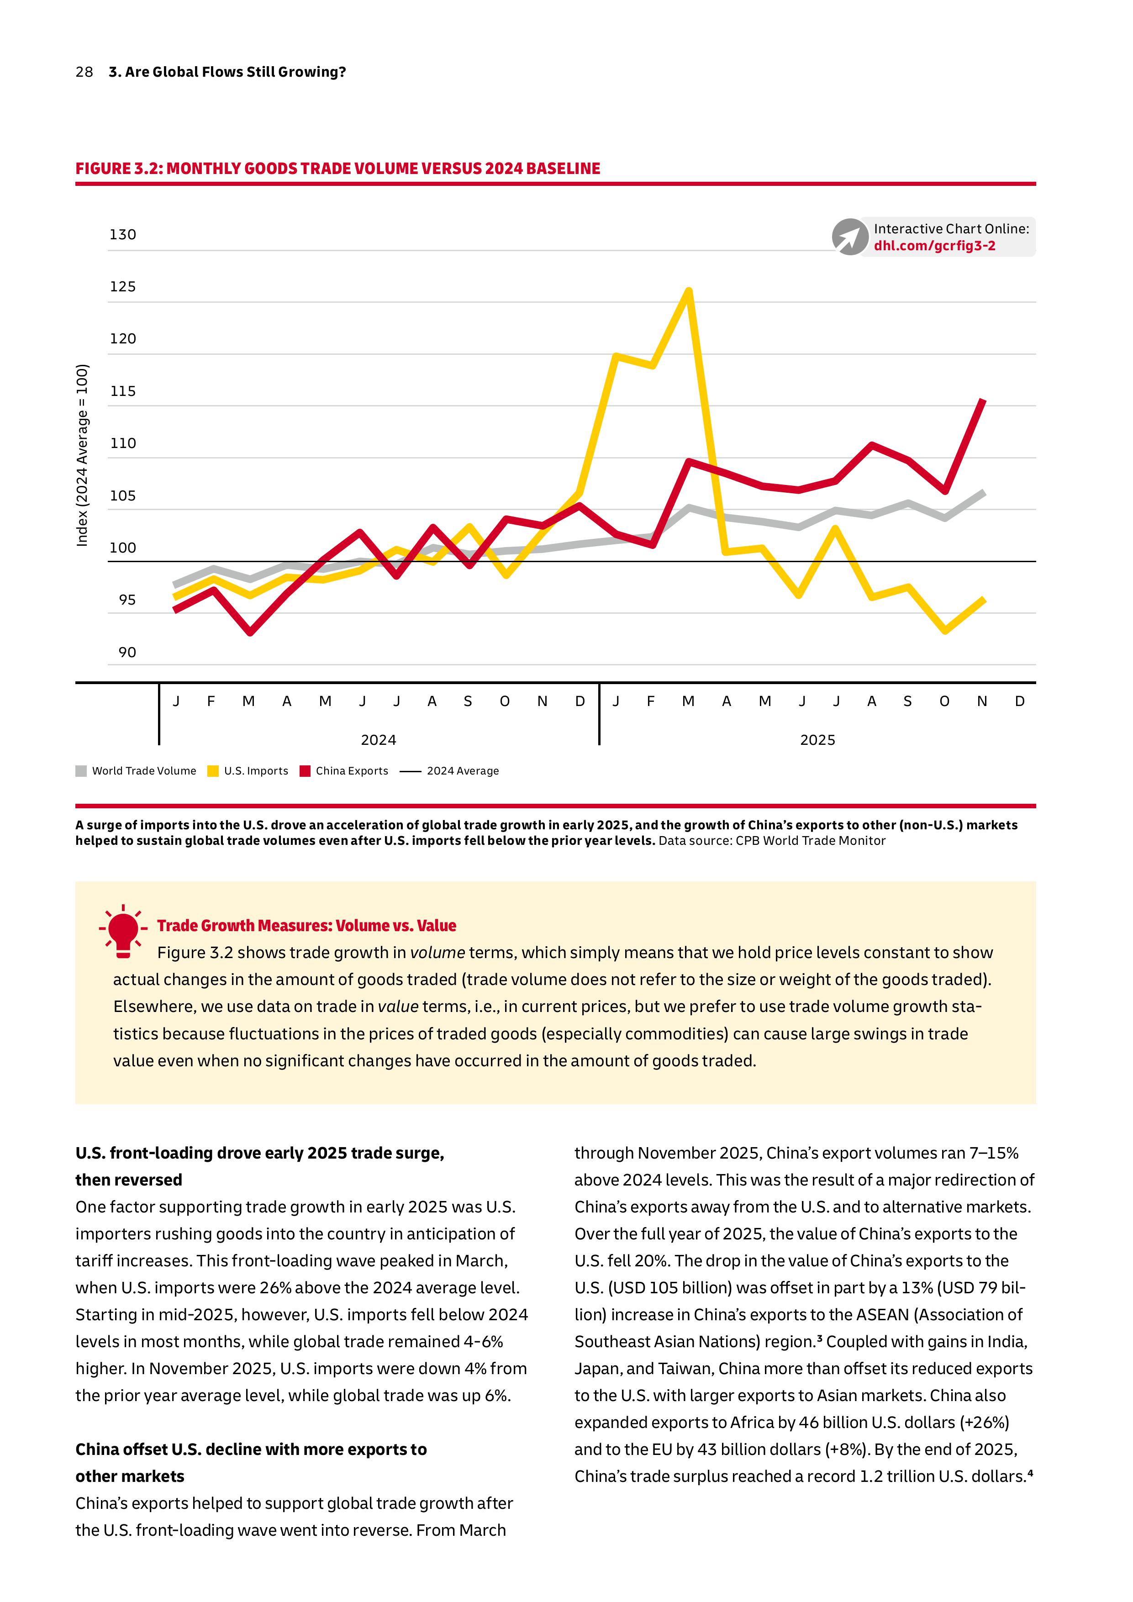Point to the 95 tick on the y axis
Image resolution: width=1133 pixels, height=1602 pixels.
127,600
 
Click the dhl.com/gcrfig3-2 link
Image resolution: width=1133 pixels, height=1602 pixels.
934,246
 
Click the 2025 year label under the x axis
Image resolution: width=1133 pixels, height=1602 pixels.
817,740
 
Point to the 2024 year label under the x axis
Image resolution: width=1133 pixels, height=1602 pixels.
378,740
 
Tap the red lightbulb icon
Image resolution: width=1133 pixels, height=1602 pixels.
123,931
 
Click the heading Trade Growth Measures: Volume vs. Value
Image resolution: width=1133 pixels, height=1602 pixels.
306,926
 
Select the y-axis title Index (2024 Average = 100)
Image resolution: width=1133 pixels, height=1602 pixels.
82,455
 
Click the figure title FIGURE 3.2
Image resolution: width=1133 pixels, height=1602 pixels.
337,169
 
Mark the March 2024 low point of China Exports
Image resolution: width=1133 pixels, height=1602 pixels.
250,632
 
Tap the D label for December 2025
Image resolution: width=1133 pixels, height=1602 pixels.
1019,701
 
